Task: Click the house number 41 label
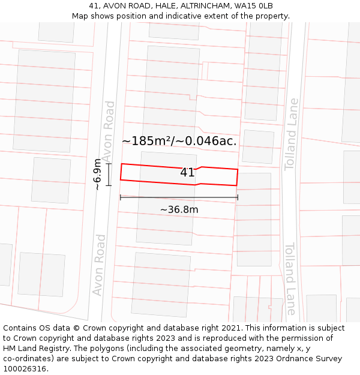187,173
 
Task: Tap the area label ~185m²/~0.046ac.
179,142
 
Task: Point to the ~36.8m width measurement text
179,210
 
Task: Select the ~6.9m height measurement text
97,175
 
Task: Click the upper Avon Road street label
109,131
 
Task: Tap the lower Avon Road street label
99,265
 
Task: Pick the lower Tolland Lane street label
290,278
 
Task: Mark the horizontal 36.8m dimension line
179,197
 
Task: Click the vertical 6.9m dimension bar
109,175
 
